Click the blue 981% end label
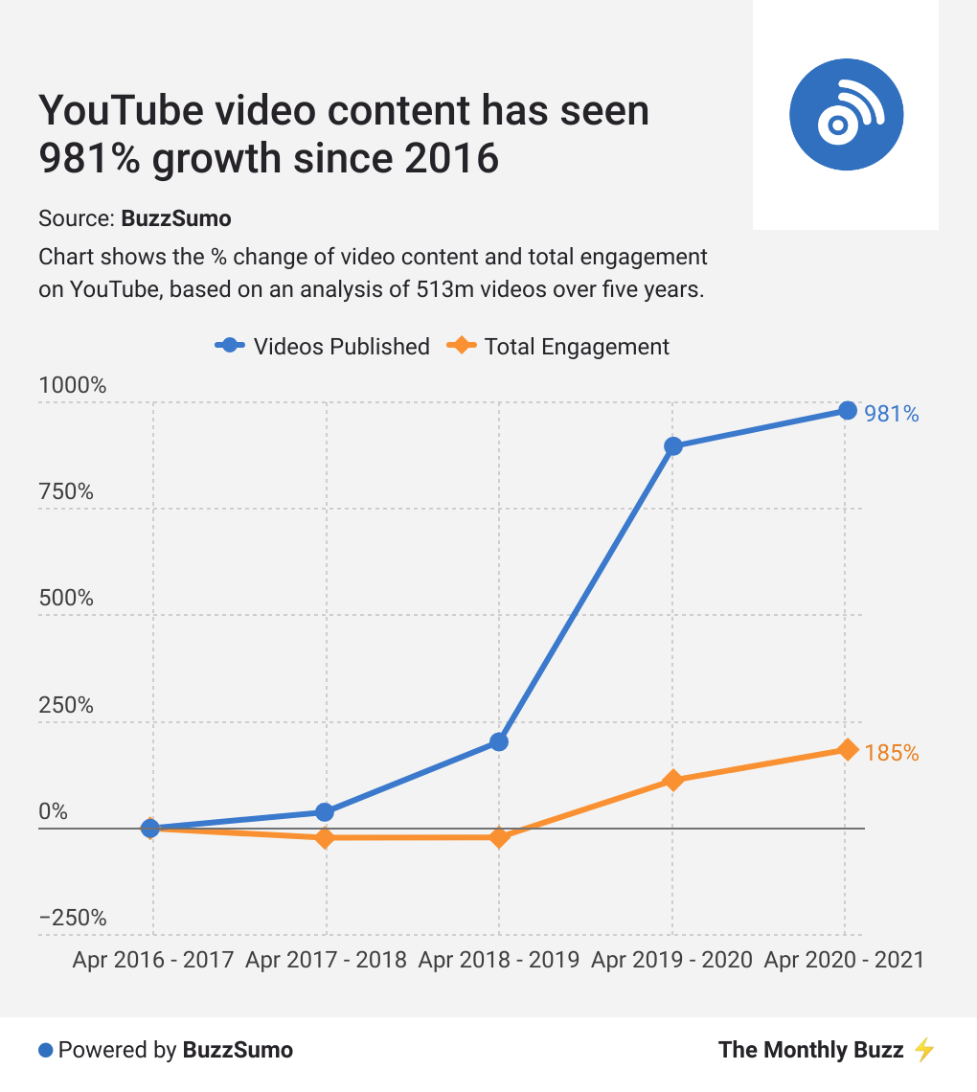tap(891, 414)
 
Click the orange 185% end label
tap(891, 753)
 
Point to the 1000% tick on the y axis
tap(72, 385)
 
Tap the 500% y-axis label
tap(66, 598)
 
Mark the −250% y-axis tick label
tap(73, 918)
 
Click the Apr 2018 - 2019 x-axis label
tap(499, 960)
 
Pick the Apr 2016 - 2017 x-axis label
tap(153, 960)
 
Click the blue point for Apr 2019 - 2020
tap(673, 446)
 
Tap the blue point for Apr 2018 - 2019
tap(499, 741)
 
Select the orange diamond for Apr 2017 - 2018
tap(325, 838)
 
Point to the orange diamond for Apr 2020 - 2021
tap(847, 749)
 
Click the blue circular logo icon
tap(846, 115)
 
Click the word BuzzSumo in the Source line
tap(176, 218)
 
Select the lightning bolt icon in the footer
tap(923, 1050)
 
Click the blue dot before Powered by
tap(45, 1050)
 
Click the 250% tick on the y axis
tap(66, 705)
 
